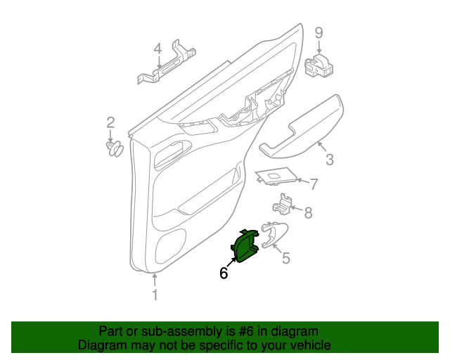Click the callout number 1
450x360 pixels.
coord(155,295)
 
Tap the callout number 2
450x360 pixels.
coord(110,123)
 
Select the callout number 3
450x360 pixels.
coord(329,160)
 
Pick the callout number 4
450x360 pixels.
coord(157,49)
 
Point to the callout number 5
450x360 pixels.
coord(285,258)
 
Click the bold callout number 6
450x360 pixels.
coord(224,274)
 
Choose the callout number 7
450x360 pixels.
coord(314,184)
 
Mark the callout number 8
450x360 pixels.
coord(307,211)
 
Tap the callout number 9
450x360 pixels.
coord(318,32)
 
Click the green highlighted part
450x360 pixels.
coord(247,247)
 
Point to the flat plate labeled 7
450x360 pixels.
coord(274,177)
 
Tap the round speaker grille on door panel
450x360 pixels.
coord(170,246)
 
